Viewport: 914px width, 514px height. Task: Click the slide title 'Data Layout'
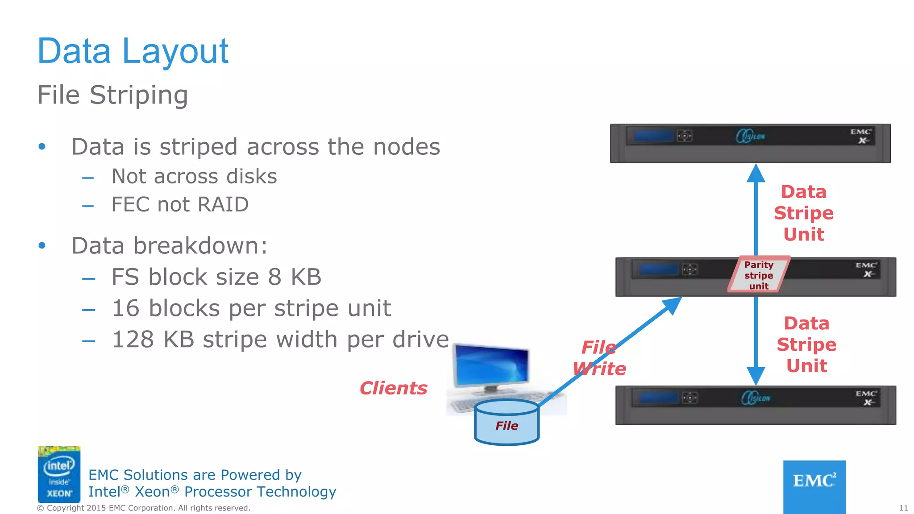(133, 51)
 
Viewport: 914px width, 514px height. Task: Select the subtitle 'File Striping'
(112, 95)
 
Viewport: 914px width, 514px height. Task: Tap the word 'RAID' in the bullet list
(223, 205)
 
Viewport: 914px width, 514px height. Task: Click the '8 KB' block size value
(295, 277)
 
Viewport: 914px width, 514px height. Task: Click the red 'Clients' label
(393, 388)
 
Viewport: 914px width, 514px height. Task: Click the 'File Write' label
(599, 358)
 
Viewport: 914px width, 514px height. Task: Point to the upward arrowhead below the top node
(756, 173)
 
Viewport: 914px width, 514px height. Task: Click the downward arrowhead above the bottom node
(756, 376)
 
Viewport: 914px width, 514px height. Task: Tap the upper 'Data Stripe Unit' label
(804, 213)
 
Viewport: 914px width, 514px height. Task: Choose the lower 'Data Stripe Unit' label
(806, 344)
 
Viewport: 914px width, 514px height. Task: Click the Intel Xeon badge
(59, 474)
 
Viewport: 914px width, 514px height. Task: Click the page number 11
(903, 508)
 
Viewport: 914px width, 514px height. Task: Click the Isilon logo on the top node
(750, 136)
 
